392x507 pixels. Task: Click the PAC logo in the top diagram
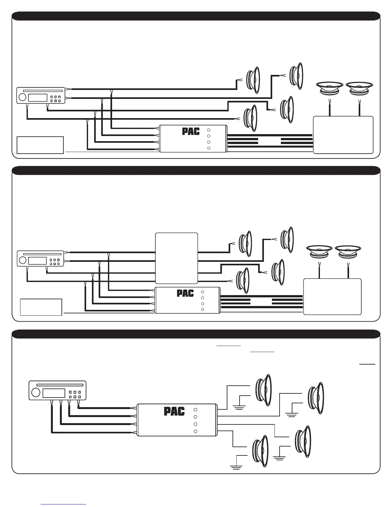(191, 131)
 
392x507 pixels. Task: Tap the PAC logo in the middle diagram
(185, 294)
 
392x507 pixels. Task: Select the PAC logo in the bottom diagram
(174, 411)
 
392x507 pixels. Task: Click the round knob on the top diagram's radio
(22, 97)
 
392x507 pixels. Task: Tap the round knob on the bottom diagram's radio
(36, 392)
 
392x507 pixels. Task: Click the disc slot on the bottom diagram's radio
(58, 383)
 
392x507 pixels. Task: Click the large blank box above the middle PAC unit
(176, 258)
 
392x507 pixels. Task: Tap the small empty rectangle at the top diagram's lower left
(40, 145)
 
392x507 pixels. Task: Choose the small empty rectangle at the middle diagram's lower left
(41, 307)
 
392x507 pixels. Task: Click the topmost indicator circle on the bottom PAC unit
(196, 410)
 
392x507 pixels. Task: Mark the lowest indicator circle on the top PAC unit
(208, 148)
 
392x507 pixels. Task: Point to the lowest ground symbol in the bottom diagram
(236, 467)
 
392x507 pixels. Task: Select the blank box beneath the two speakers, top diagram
(343, 135)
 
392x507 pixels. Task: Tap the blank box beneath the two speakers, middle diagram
(332, 296)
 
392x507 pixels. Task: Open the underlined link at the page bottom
(63, 504)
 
